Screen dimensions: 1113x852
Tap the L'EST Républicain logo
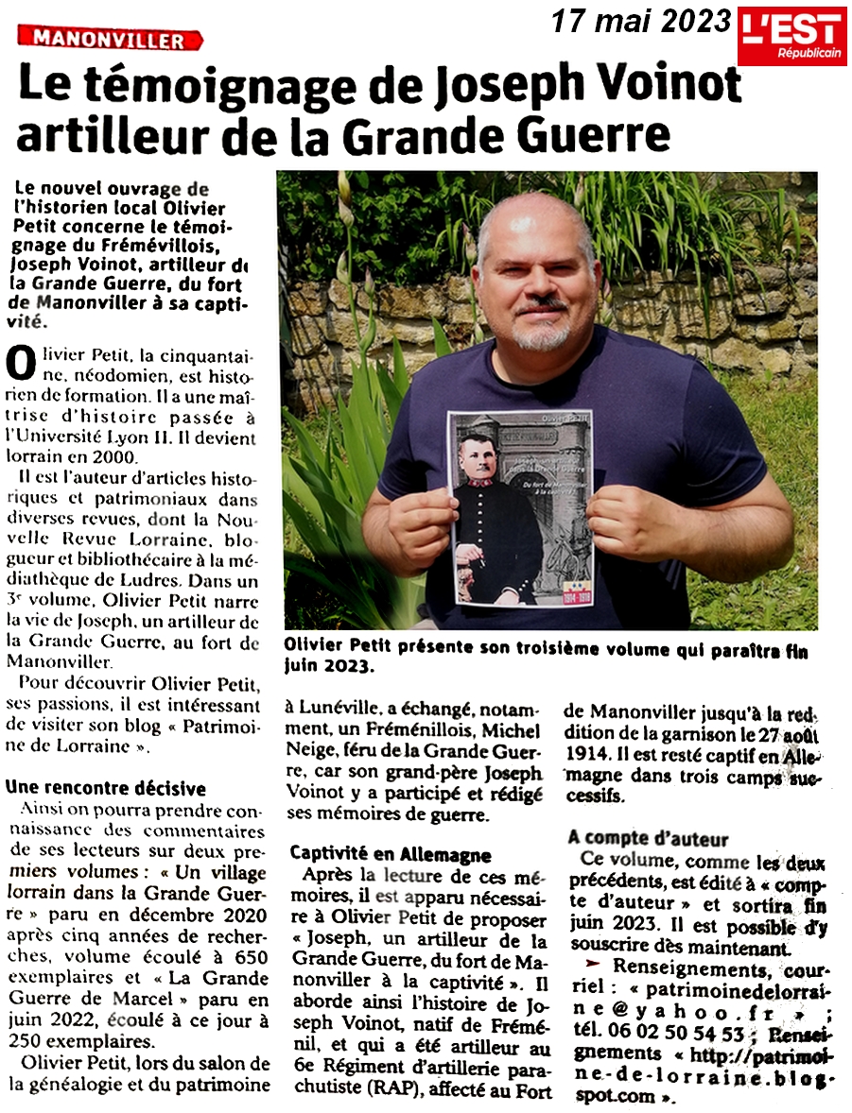(x=791, y=37)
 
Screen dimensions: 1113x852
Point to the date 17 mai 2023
(x=641, y=20)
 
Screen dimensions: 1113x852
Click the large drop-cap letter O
(x=19, y=361)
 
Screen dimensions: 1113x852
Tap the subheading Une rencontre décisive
(x=105, y=788)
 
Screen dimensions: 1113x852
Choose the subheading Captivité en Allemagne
(x=377, y=853)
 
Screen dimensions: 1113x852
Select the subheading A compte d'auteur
(x=648, y=838)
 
